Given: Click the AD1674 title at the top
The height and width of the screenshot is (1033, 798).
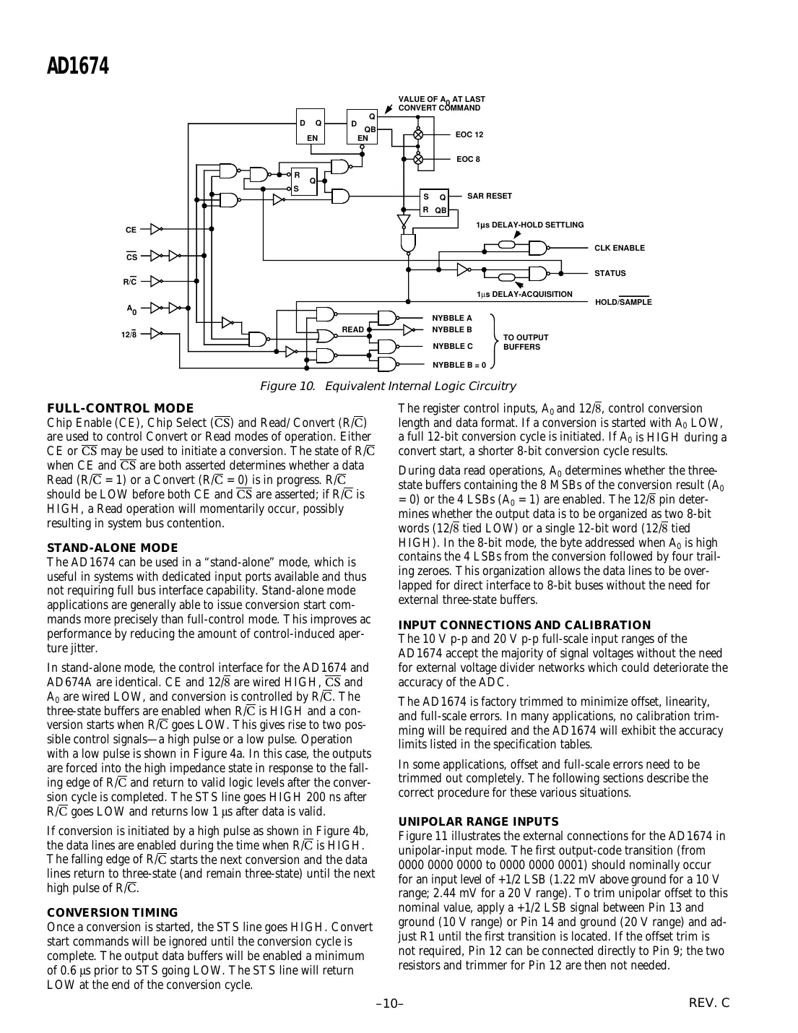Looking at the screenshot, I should pos(78,67).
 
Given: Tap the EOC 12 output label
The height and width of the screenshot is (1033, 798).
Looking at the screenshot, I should pos(469,134).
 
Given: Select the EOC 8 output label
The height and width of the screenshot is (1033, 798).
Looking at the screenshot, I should pos(468,159).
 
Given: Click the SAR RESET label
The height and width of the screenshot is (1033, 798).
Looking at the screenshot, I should pos(489,196).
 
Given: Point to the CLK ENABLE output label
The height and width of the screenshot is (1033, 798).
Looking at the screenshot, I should pos(619,248).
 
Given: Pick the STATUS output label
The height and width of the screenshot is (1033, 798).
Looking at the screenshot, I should pos(610,273).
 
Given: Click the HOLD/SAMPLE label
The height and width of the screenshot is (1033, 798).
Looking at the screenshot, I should pos(623,302).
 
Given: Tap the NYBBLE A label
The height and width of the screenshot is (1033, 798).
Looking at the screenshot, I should pos(451,318).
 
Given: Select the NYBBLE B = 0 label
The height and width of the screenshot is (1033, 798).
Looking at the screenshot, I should pos(459,365).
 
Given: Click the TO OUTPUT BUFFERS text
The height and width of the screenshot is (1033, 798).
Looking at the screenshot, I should pos(525,342).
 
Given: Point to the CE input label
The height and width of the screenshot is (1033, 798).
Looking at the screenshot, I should pos(131,230).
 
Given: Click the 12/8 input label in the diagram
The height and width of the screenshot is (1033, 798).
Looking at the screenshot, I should pos(130,334).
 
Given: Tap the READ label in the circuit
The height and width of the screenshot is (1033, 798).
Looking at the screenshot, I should pos(352,329).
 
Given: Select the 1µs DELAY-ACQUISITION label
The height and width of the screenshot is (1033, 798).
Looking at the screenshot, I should pos(524,294).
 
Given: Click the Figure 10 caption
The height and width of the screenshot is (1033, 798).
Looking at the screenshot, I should pos(387,386).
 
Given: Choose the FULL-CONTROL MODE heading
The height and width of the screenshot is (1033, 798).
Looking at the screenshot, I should pos(120,409).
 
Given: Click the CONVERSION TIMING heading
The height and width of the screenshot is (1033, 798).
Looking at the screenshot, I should pos(112,912).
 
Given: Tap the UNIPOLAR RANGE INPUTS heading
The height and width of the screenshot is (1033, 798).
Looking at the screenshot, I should pos(478,821).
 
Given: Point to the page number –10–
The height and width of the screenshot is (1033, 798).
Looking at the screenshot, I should pos(389,1003).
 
